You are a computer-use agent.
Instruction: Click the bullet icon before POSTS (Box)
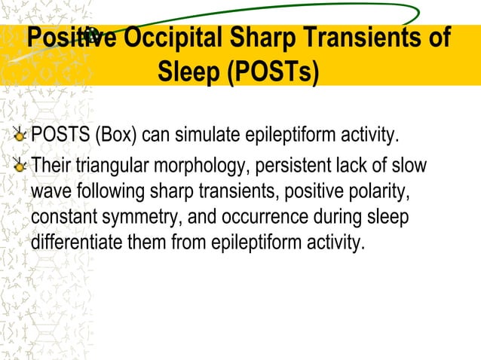pyautogui.click(x=22, y=136)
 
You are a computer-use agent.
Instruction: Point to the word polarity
pyautogui.click(x=381, y=191)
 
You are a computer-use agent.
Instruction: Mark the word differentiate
pyautogui.click(x=73, y=243)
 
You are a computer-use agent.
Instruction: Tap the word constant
pyautogui.click(x=59, y=217)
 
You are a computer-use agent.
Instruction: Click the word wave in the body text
pyautogui.click(x=47, y=191)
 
